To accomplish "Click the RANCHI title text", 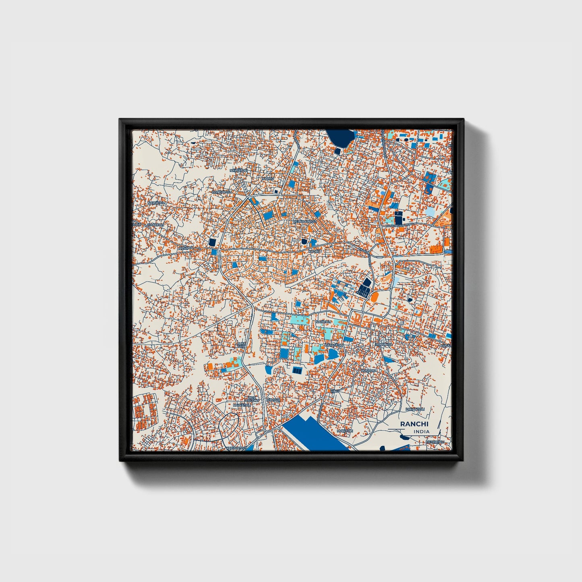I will pyautogui.click(x=414, y=424).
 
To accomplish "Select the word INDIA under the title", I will pyautogui.click(x=421, y=431).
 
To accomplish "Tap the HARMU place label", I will pyautogui.click(x=268, y=178).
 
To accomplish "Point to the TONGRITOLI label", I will pyautogui.click(x=223, y=192).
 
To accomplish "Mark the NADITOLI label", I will pyautogui.click(x=323, y=322).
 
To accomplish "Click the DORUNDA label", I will pyautogui.click(x=383, y=345).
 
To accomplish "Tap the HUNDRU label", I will pyautogui.click(x=368, y=370).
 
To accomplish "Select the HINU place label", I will pyautogui.click(x=335, y=391).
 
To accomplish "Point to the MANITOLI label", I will pyautogui.click(x=345, y=431).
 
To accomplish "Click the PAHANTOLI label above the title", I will pyautogui.click(x=415, y=409).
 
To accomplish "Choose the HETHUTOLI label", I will pyautogui.click(x=435, y=442).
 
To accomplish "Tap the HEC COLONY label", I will pyautogui.click(x=252, y=398).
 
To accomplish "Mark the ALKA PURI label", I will pyautogui.click(x=241, y=344).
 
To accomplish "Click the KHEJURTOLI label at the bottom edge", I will pyautogui.click(x=236, y=448).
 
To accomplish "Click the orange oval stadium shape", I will pyautogui.click(x=374, y=297).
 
